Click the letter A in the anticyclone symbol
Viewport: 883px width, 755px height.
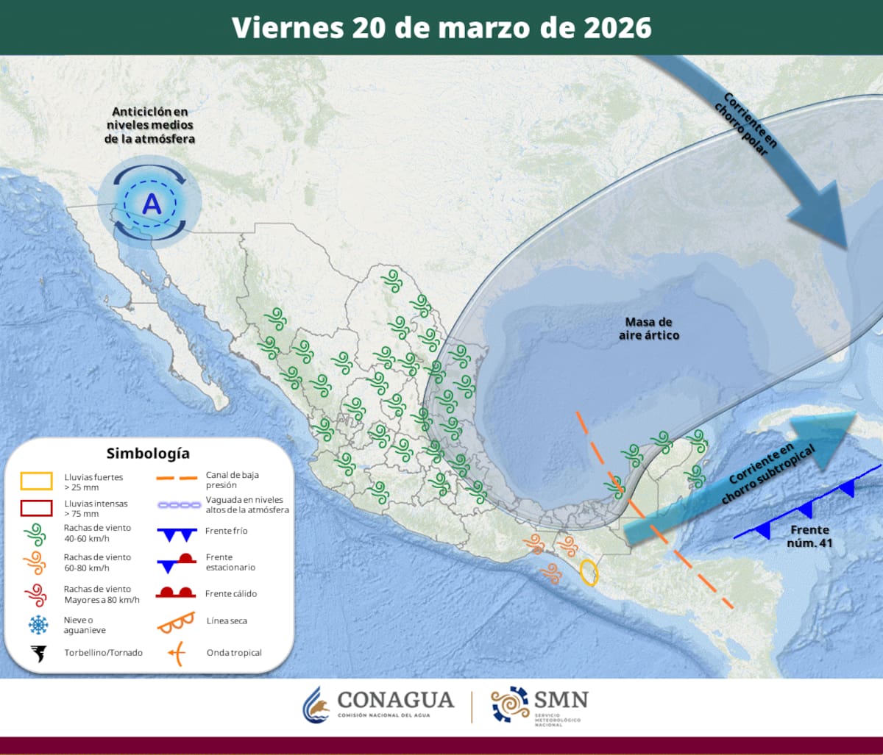[151, 204]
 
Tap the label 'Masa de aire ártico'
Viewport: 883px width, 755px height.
[648, 329]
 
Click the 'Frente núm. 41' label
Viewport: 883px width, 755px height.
[809, 535]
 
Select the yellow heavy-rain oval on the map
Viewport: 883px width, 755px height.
[589, 572]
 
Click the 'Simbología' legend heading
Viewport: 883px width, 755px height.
[147, 453]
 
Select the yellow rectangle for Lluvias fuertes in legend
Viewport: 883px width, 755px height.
[36, 482]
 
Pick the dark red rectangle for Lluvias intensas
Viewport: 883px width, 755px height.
[36, 508]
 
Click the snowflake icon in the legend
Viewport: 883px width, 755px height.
[37, 625]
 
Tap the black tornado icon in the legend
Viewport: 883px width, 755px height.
[37, 653]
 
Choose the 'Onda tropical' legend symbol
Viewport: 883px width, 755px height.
[175, 652]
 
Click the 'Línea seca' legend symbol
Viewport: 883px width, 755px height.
[175, 622]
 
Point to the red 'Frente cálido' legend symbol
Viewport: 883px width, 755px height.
[175, 593]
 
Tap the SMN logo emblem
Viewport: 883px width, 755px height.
[510, 705]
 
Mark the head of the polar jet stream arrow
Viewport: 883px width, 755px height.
[828, 221]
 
